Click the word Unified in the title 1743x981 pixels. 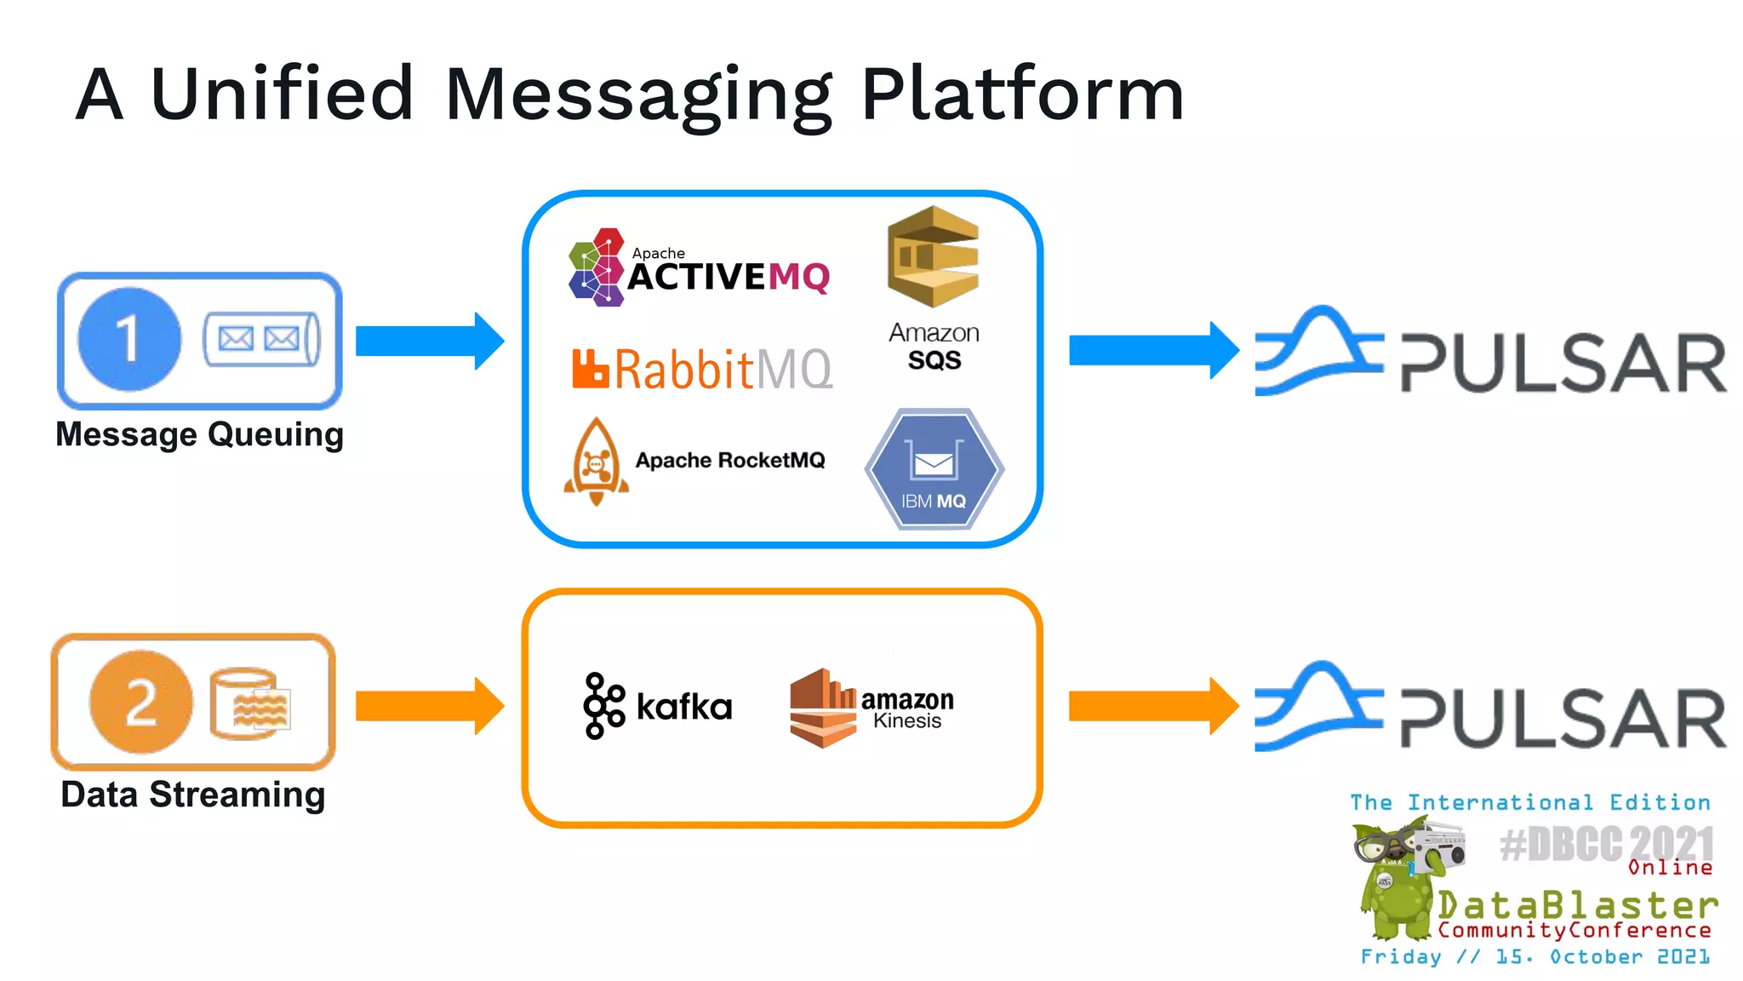point(282,94)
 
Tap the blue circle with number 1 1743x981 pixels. point(129,339)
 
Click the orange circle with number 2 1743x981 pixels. point(141,703)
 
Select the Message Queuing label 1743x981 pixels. point(199,434)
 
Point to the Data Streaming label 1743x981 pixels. point(193,795)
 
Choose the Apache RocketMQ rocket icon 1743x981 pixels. point(597,461)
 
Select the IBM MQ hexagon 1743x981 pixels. point(934,469)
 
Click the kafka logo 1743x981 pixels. point(658,706)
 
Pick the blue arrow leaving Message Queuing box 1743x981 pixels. point(429,341)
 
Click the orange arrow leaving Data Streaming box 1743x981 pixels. point(429,706)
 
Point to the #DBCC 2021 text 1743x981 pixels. point(1607,844)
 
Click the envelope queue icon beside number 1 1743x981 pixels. point(261,339)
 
